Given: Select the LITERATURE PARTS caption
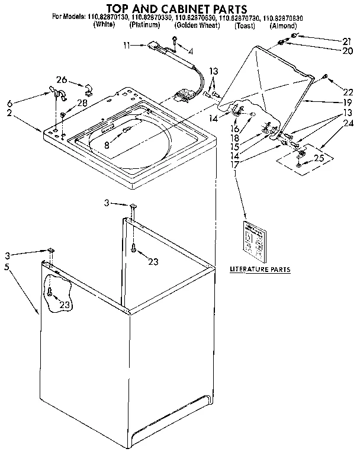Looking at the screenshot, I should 260,269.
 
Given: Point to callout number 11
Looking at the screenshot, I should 127,45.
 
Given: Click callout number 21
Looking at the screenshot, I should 330,40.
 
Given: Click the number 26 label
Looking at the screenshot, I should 62,81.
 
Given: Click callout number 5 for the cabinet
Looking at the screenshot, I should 7,267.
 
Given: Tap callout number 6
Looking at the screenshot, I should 8,102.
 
